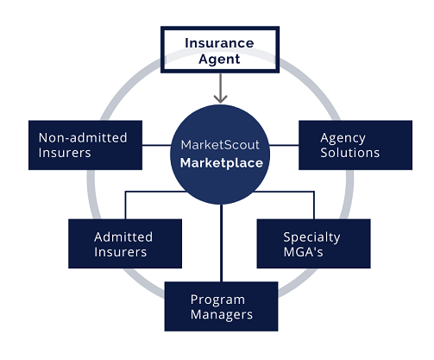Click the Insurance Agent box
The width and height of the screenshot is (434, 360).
tap(221, 50)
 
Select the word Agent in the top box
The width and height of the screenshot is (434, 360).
tap(221, 60)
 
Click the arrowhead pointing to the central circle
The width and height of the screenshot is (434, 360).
tap(222, 97)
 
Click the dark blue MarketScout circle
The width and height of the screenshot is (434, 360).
tap(222, 153)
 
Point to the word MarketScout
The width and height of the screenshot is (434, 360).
tap(222, 143)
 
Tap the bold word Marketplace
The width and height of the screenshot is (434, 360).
tap(222, 162)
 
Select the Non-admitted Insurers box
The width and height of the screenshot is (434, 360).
tap(84, 145)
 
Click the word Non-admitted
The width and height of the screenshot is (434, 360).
tap(83, 137)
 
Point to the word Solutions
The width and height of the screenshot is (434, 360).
tap(350, 153)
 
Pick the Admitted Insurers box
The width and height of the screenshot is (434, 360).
tap(124, 244)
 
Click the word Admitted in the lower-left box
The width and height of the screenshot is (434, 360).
tap(123, 237)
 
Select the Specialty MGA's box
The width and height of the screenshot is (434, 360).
tap(313, 244)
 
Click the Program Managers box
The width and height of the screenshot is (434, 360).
tap(222, 306)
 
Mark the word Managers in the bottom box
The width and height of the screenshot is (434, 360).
tap(222, 315)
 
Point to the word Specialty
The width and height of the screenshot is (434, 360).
tap(312, 237)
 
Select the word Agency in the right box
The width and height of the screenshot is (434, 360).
tap(343, 137)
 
